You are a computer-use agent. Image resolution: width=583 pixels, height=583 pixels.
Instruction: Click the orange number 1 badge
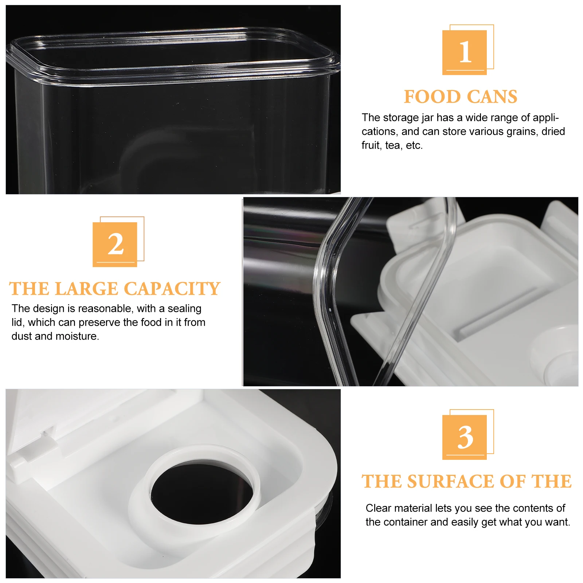coord(465,52)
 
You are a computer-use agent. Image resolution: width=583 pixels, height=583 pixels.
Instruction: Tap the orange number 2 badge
coord(115,244)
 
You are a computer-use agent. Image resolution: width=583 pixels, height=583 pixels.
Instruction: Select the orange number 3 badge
coord(465,437)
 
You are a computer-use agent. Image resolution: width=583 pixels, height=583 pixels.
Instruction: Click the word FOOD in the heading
coord(432,97)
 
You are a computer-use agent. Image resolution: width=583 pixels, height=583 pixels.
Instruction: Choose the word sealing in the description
coord(184,309)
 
